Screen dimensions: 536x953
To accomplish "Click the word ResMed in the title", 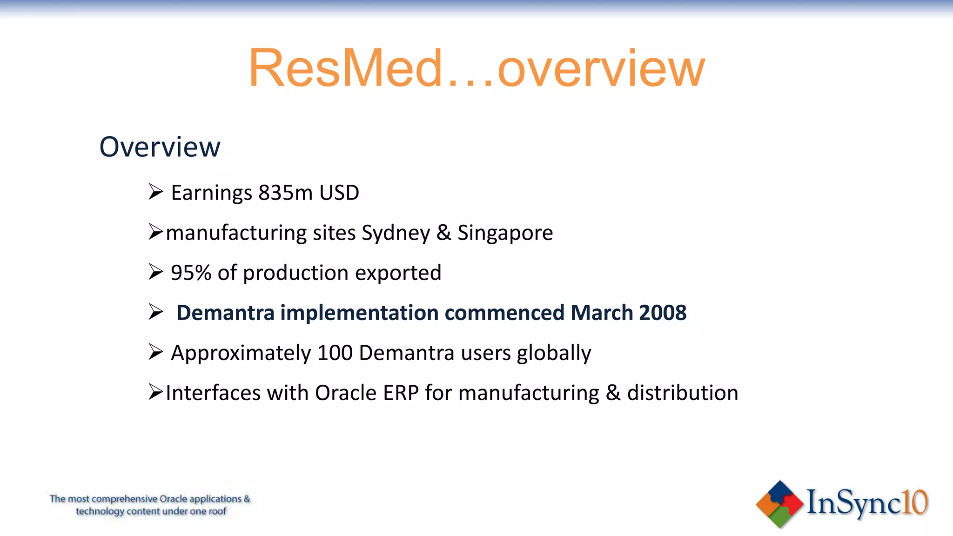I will point(346,68).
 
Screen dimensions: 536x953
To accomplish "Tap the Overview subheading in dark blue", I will point(160,147).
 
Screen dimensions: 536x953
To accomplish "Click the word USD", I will point(339,193).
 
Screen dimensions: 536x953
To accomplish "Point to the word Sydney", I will point(396,233).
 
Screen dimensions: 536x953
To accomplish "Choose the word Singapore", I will point(505,233).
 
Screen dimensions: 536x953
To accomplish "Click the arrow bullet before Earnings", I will point(155,192).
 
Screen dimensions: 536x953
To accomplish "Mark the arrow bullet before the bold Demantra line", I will point(155,312).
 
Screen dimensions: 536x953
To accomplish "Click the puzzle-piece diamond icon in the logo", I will point(779,504).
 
